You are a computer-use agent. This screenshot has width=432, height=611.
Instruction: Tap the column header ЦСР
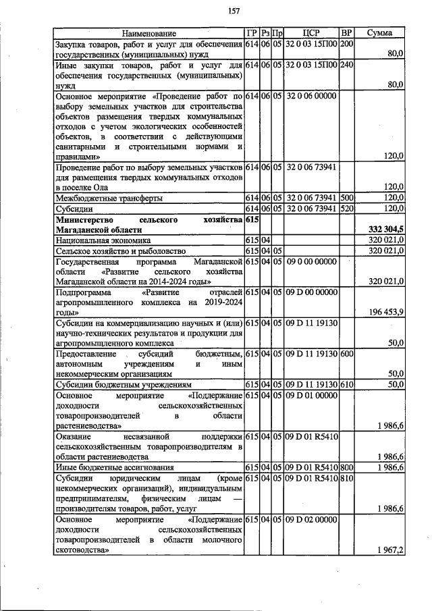pyautogui.click(x=310, y=33)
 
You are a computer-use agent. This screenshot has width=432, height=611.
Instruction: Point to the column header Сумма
pyautogui.click(x=381, y=33)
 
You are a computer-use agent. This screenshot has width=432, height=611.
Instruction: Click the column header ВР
pyautogui.click(x=346, y=33)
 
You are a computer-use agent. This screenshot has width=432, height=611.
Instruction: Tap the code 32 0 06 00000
pyautogui.click(x=310, y=97)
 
